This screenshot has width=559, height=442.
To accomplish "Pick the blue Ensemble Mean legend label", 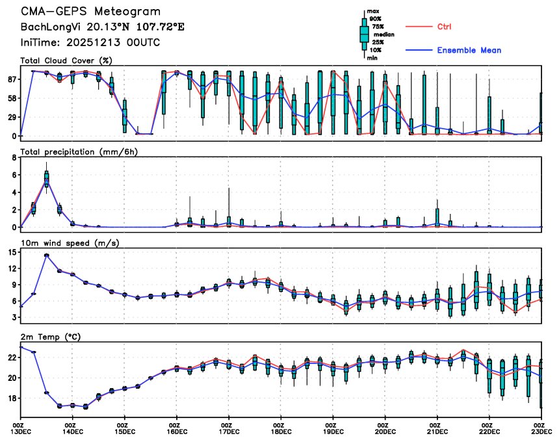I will pos(469,50).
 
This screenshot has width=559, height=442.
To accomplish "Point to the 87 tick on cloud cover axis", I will pos(11,79).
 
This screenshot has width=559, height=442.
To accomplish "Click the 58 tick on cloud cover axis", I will pos(11,98).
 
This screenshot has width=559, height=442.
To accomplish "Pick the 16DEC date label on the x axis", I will pos(177,431).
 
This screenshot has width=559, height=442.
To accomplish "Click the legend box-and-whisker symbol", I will pos(364,34).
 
